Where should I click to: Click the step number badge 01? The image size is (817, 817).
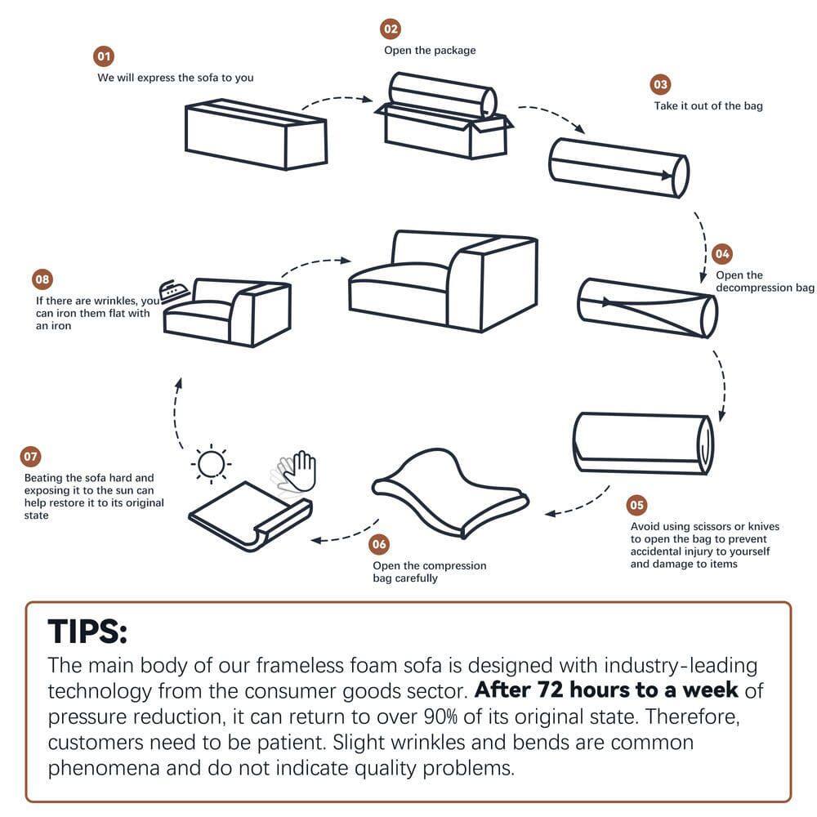click(x=104, y=56)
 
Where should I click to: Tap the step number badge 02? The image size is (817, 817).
click(x=391, y=29)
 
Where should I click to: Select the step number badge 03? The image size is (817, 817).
click(x=660, y=85)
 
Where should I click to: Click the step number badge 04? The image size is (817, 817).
click(x=722, y=253)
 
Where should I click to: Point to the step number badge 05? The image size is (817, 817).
click(x=636, y=505)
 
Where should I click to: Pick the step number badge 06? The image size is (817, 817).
click(x=379, y=544)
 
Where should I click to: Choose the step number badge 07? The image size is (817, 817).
click(x=30, y=457)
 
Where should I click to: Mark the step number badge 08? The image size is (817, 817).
click(x=42, y=279)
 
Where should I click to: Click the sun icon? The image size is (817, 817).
click(x=210, y=464)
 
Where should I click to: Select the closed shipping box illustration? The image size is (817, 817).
click(x=256, y=134)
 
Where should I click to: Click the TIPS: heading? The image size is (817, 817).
click(x=87, y=632)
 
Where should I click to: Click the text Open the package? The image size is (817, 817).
click(x=430, y=50)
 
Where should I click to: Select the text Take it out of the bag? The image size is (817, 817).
click(x=708, y=105)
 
